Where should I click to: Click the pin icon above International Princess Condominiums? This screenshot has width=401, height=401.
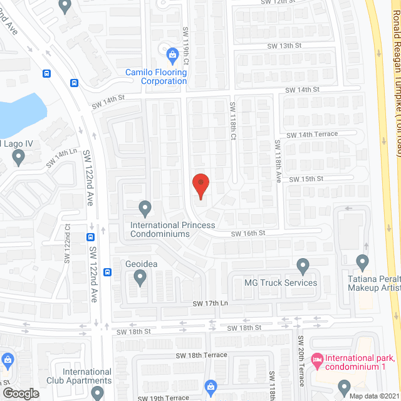point(145,207)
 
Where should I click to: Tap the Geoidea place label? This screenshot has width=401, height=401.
point(141,264)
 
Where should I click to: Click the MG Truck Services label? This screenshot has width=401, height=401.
point(281,283)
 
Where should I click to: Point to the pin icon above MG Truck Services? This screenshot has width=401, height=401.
point(303,266)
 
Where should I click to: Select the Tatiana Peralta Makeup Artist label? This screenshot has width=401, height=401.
point(374,283)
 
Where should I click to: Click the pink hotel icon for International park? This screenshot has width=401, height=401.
point(318,359)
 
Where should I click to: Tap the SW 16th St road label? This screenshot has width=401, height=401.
point(248,233)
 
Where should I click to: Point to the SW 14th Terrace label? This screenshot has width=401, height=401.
point(312,135)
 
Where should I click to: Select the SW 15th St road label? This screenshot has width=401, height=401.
point(306,179)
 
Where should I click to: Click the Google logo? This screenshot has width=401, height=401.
point(20,393)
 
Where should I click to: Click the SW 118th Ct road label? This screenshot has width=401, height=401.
point(232,138)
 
